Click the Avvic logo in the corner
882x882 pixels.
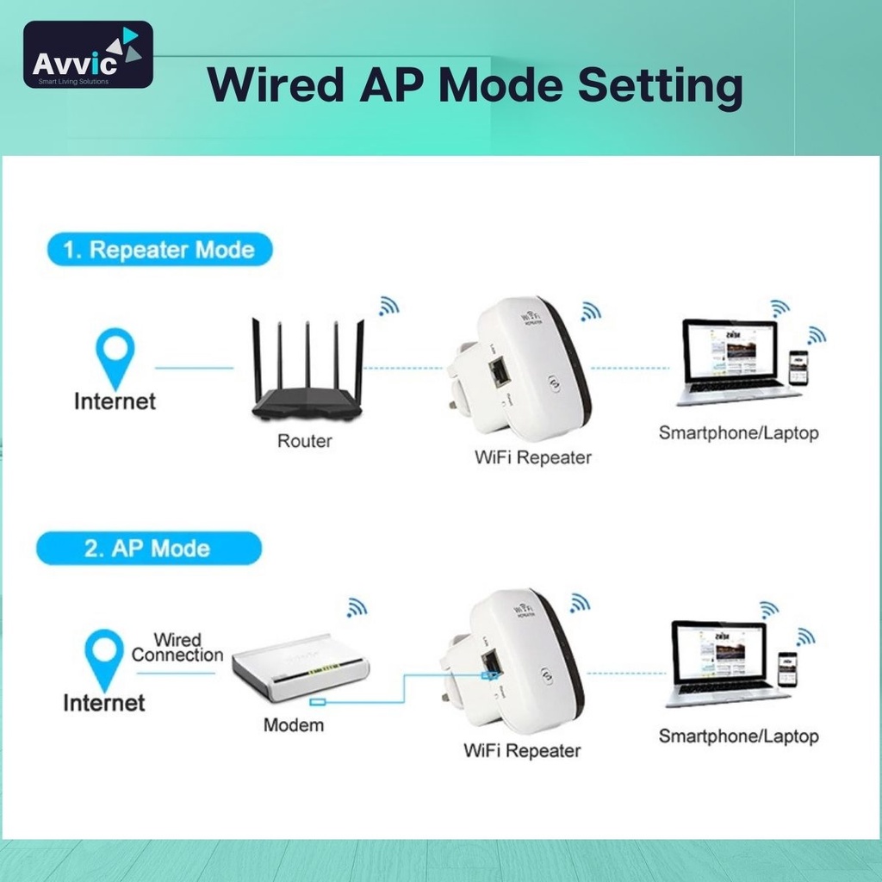pyautogui.click(x=88, y=55)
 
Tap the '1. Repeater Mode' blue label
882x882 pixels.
pyautogui.click(x=158, y=250)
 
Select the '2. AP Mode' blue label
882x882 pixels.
pyautogui.click(x=148, y=548)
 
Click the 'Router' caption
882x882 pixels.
pyautogui.click(x=304, y=441)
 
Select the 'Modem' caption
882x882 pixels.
pyautogui.click(x=294, y=725)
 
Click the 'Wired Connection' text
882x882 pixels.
pyautogui.click(x=177, y=648)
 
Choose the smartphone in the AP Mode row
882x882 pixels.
pyautogui.click(x=787, y=668)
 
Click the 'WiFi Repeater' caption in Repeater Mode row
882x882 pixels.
pyautogui.click(x=533, y=457)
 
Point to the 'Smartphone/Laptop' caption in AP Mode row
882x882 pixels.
pyautogui.click(x=738, y=736)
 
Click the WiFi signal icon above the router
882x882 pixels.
pyautogui.click(x=389, y=306)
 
